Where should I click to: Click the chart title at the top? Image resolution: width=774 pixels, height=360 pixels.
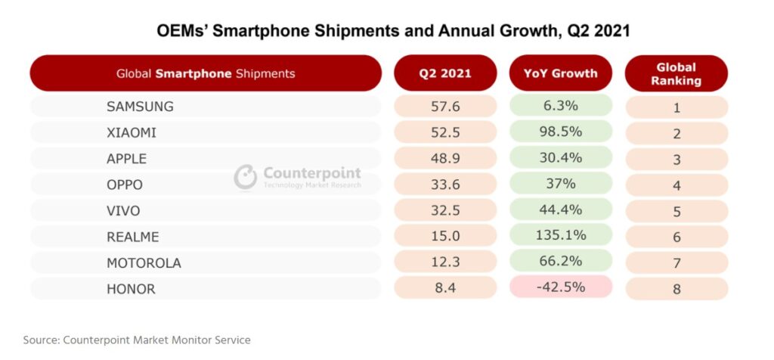tap(393, 31)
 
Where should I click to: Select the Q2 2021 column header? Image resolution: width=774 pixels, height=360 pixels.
tap(445, 73)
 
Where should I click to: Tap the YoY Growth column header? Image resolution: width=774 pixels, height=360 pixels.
tap(560, 73)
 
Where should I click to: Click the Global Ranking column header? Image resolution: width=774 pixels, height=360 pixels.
tap(676, 73)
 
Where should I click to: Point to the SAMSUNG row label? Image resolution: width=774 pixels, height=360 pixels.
tap(140, 107)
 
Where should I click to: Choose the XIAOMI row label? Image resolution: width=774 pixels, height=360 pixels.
tap(132, 132)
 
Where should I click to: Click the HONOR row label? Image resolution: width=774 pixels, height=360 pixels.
tap(131, 288)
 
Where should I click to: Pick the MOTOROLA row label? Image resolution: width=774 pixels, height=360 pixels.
tap(144, 262)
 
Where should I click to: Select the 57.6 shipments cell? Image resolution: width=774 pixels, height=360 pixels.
tap(445, 107)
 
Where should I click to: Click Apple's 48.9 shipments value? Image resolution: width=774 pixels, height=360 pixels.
tap(445, 159)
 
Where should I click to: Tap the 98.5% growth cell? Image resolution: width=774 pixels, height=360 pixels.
tap(560, 132)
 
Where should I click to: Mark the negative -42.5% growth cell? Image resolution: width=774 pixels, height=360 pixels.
tap(560, 287)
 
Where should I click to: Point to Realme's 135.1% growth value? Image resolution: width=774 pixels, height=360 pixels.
tap(560, 236)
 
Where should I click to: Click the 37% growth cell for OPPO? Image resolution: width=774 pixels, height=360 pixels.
tap(560, 184)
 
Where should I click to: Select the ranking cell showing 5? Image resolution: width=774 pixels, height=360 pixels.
tap(676, 211)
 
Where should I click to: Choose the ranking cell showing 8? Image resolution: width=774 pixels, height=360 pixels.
tap(676, 289)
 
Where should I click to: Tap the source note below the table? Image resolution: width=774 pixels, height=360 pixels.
tap(137, 340)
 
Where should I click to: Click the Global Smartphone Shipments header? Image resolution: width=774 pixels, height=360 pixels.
tap(206, 73)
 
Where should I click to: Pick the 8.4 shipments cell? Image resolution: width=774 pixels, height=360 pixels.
tap(445, 287)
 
